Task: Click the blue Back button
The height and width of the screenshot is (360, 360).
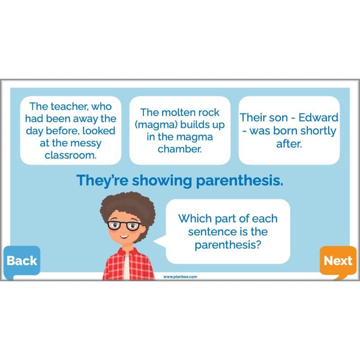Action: [22, 261]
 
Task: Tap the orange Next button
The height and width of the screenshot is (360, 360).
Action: [338, 261]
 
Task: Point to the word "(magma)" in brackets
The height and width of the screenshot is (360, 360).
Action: [162, 125]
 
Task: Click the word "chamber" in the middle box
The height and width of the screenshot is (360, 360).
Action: [179, 149]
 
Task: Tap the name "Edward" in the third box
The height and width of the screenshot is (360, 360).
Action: [318, 118]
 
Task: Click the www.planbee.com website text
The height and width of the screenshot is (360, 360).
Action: [180, 277]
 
